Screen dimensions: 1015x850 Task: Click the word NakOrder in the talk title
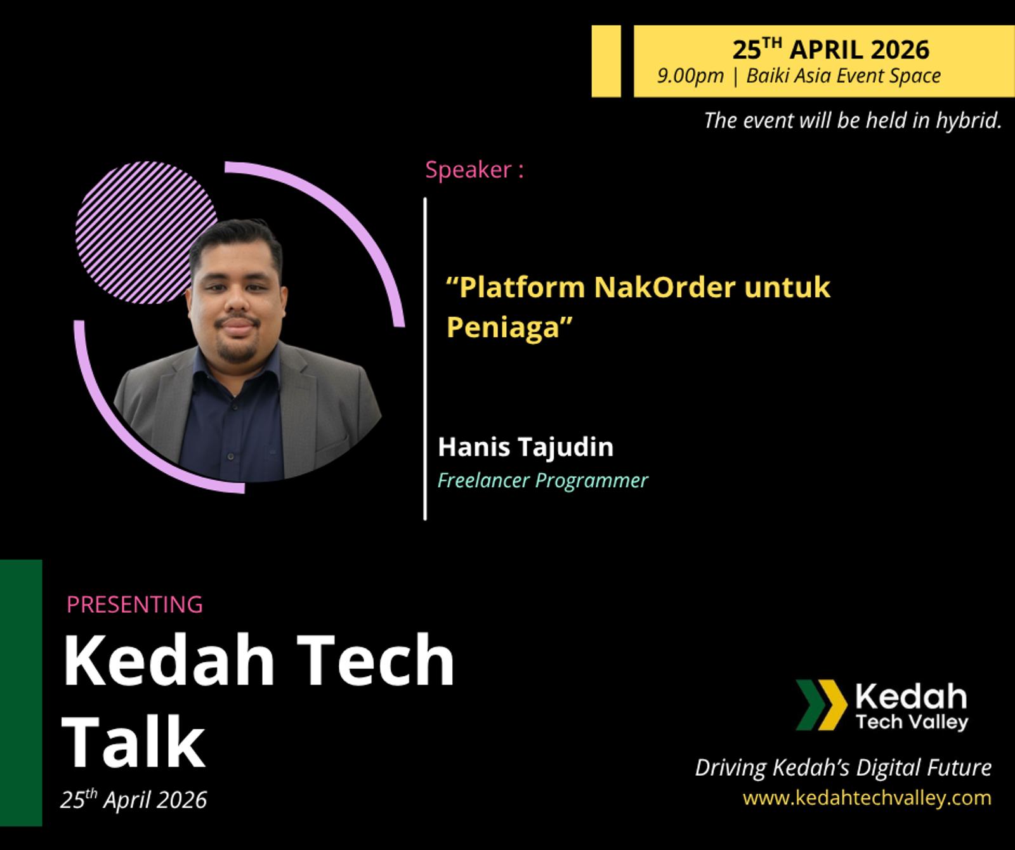point(665,287)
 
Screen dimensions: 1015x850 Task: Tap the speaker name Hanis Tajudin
point(526,447)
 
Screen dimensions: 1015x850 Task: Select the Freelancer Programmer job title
point(543,481)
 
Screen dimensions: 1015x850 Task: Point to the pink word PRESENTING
point(134,605)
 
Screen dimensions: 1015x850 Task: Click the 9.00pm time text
point(690,75)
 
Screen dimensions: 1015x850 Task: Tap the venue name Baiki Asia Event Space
point(843,75)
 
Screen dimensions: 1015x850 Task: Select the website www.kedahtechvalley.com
point(867,798)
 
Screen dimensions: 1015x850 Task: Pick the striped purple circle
point(147,232)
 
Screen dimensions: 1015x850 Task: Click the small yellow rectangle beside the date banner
point(606,61)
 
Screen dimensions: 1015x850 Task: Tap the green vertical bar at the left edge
point(21,693)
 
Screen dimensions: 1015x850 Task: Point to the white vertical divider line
point(425,359)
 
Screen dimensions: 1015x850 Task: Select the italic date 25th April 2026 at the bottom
point(133,799)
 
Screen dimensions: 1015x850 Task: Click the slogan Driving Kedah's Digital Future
point(843,768)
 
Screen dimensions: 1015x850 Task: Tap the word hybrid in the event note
point(969,120)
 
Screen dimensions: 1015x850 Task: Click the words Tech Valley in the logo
point(912,721)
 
